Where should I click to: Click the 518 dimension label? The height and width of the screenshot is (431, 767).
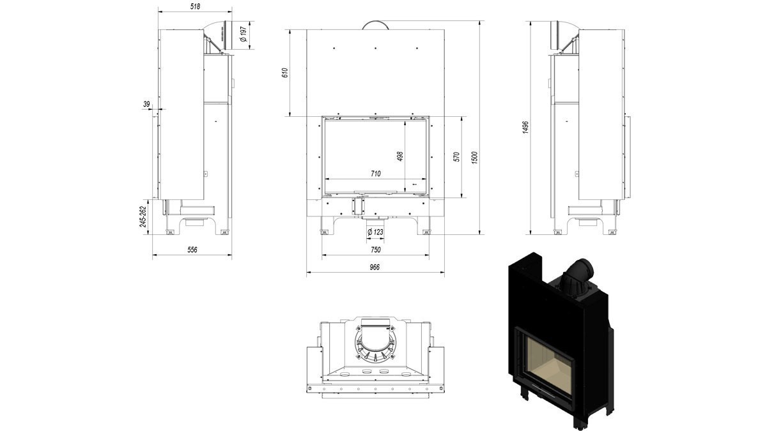195,6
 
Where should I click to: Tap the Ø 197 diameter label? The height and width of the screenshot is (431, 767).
244,34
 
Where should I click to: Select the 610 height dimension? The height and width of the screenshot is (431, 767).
285,73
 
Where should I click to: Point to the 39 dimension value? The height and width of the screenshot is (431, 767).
146,104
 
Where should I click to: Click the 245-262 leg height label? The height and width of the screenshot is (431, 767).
143,216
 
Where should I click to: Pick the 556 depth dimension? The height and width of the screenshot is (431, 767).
192,250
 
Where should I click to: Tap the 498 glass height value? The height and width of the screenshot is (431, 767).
400,156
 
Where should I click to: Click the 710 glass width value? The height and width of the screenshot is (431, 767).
376,174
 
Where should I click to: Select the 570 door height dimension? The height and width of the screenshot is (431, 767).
456,157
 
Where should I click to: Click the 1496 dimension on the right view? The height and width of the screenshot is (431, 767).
526,127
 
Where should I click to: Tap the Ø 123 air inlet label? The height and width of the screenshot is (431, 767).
375,232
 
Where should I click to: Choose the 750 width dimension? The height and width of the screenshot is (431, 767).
376,250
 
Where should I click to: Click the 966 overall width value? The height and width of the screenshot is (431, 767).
375,267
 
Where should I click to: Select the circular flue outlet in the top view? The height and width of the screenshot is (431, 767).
376,343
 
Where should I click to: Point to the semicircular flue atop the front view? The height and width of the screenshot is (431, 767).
376,26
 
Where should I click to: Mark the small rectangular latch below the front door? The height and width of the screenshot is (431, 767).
357,206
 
